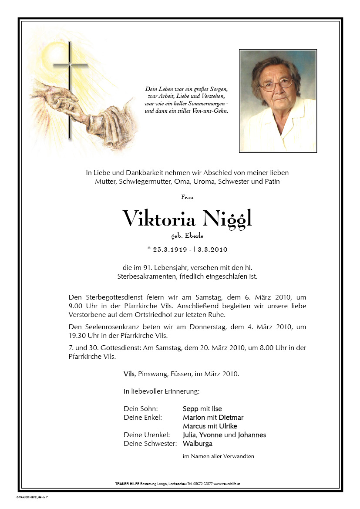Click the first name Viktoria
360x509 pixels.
point(159,218)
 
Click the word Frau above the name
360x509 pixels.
point(187,197)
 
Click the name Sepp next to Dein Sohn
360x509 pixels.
point(191,408)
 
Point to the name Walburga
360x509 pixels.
point(198,443)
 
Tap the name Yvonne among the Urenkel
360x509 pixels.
point(212,435)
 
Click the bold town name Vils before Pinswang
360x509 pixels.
point(129,374)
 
